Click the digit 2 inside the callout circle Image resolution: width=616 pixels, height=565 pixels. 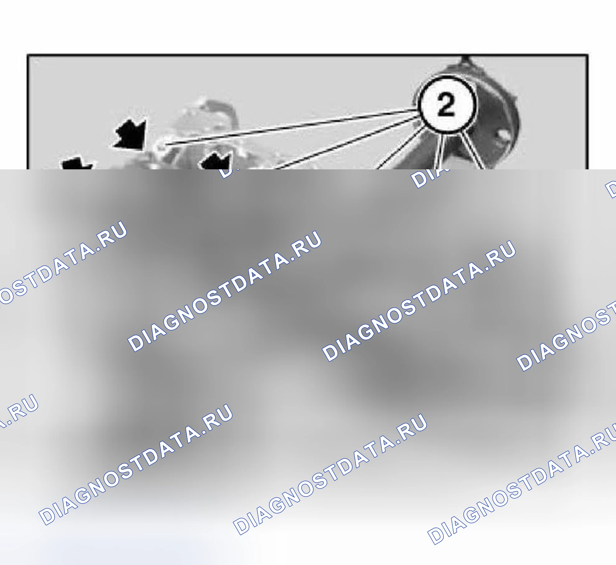(446, 105)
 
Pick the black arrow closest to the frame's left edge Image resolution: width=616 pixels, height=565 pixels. (76, 163)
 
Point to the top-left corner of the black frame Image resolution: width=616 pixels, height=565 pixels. (27, 55)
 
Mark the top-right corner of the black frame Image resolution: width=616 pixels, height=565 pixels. (587, 55)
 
